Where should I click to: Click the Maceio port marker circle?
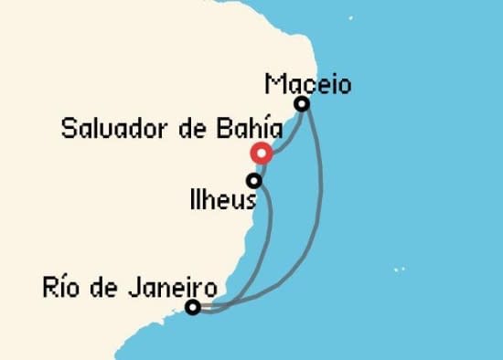301,104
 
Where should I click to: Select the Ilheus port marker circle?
254,181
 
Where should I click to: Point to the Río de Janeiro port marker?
193,307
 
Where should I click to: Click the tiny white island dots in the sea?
399,270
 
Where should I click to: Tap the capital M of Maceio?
273,84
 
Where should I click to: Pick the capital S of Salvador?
68,129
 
